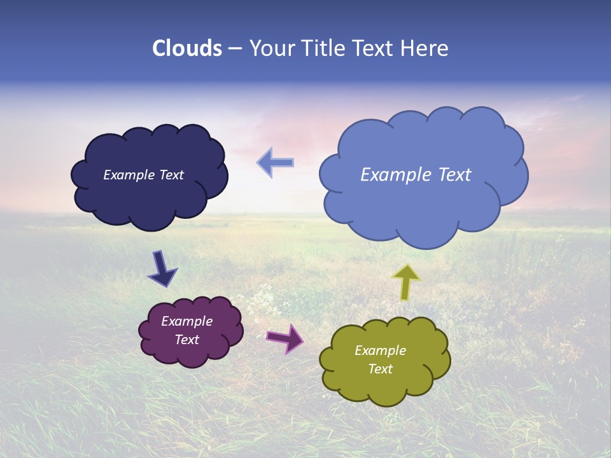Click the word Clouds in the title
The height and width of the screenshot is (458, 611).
pos(187,48)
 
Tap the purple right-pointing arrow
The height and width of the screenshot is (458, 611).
pos(285,338)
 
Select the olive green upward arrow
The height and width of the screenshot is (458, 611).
pos(406,281)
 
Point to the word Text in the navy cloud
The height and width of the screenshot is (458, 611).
pos(171,175)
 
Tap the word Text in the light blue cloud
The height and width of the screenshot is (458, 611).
pos(454,175)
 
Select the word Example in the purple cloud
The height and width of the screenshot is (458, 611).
pos(186,321)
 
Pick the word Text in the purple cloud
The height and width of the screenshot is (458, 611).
pos(186,340)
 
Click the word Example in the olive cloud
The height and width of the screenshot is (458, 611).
pos(380,350)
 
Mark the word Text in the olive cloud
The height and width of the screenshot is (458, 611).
pos(380,369)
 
